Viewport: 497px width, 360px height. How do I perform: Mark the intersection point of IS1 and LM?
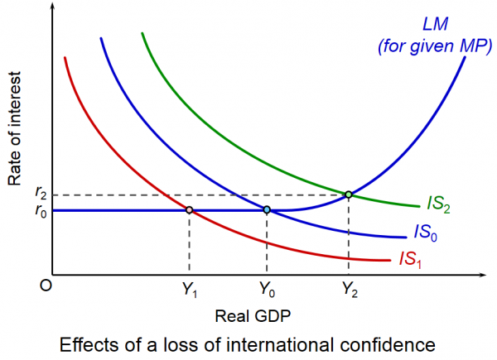[x=190, y=210]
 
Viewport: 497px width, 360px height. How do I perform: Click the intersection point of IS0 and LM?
[x=267, y=210]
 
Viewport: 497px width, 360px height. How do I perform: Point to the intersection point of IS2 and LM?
[x=349, y=194]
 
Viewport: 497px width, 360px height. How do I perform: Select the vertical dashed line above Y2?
[x=349, y=236]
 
